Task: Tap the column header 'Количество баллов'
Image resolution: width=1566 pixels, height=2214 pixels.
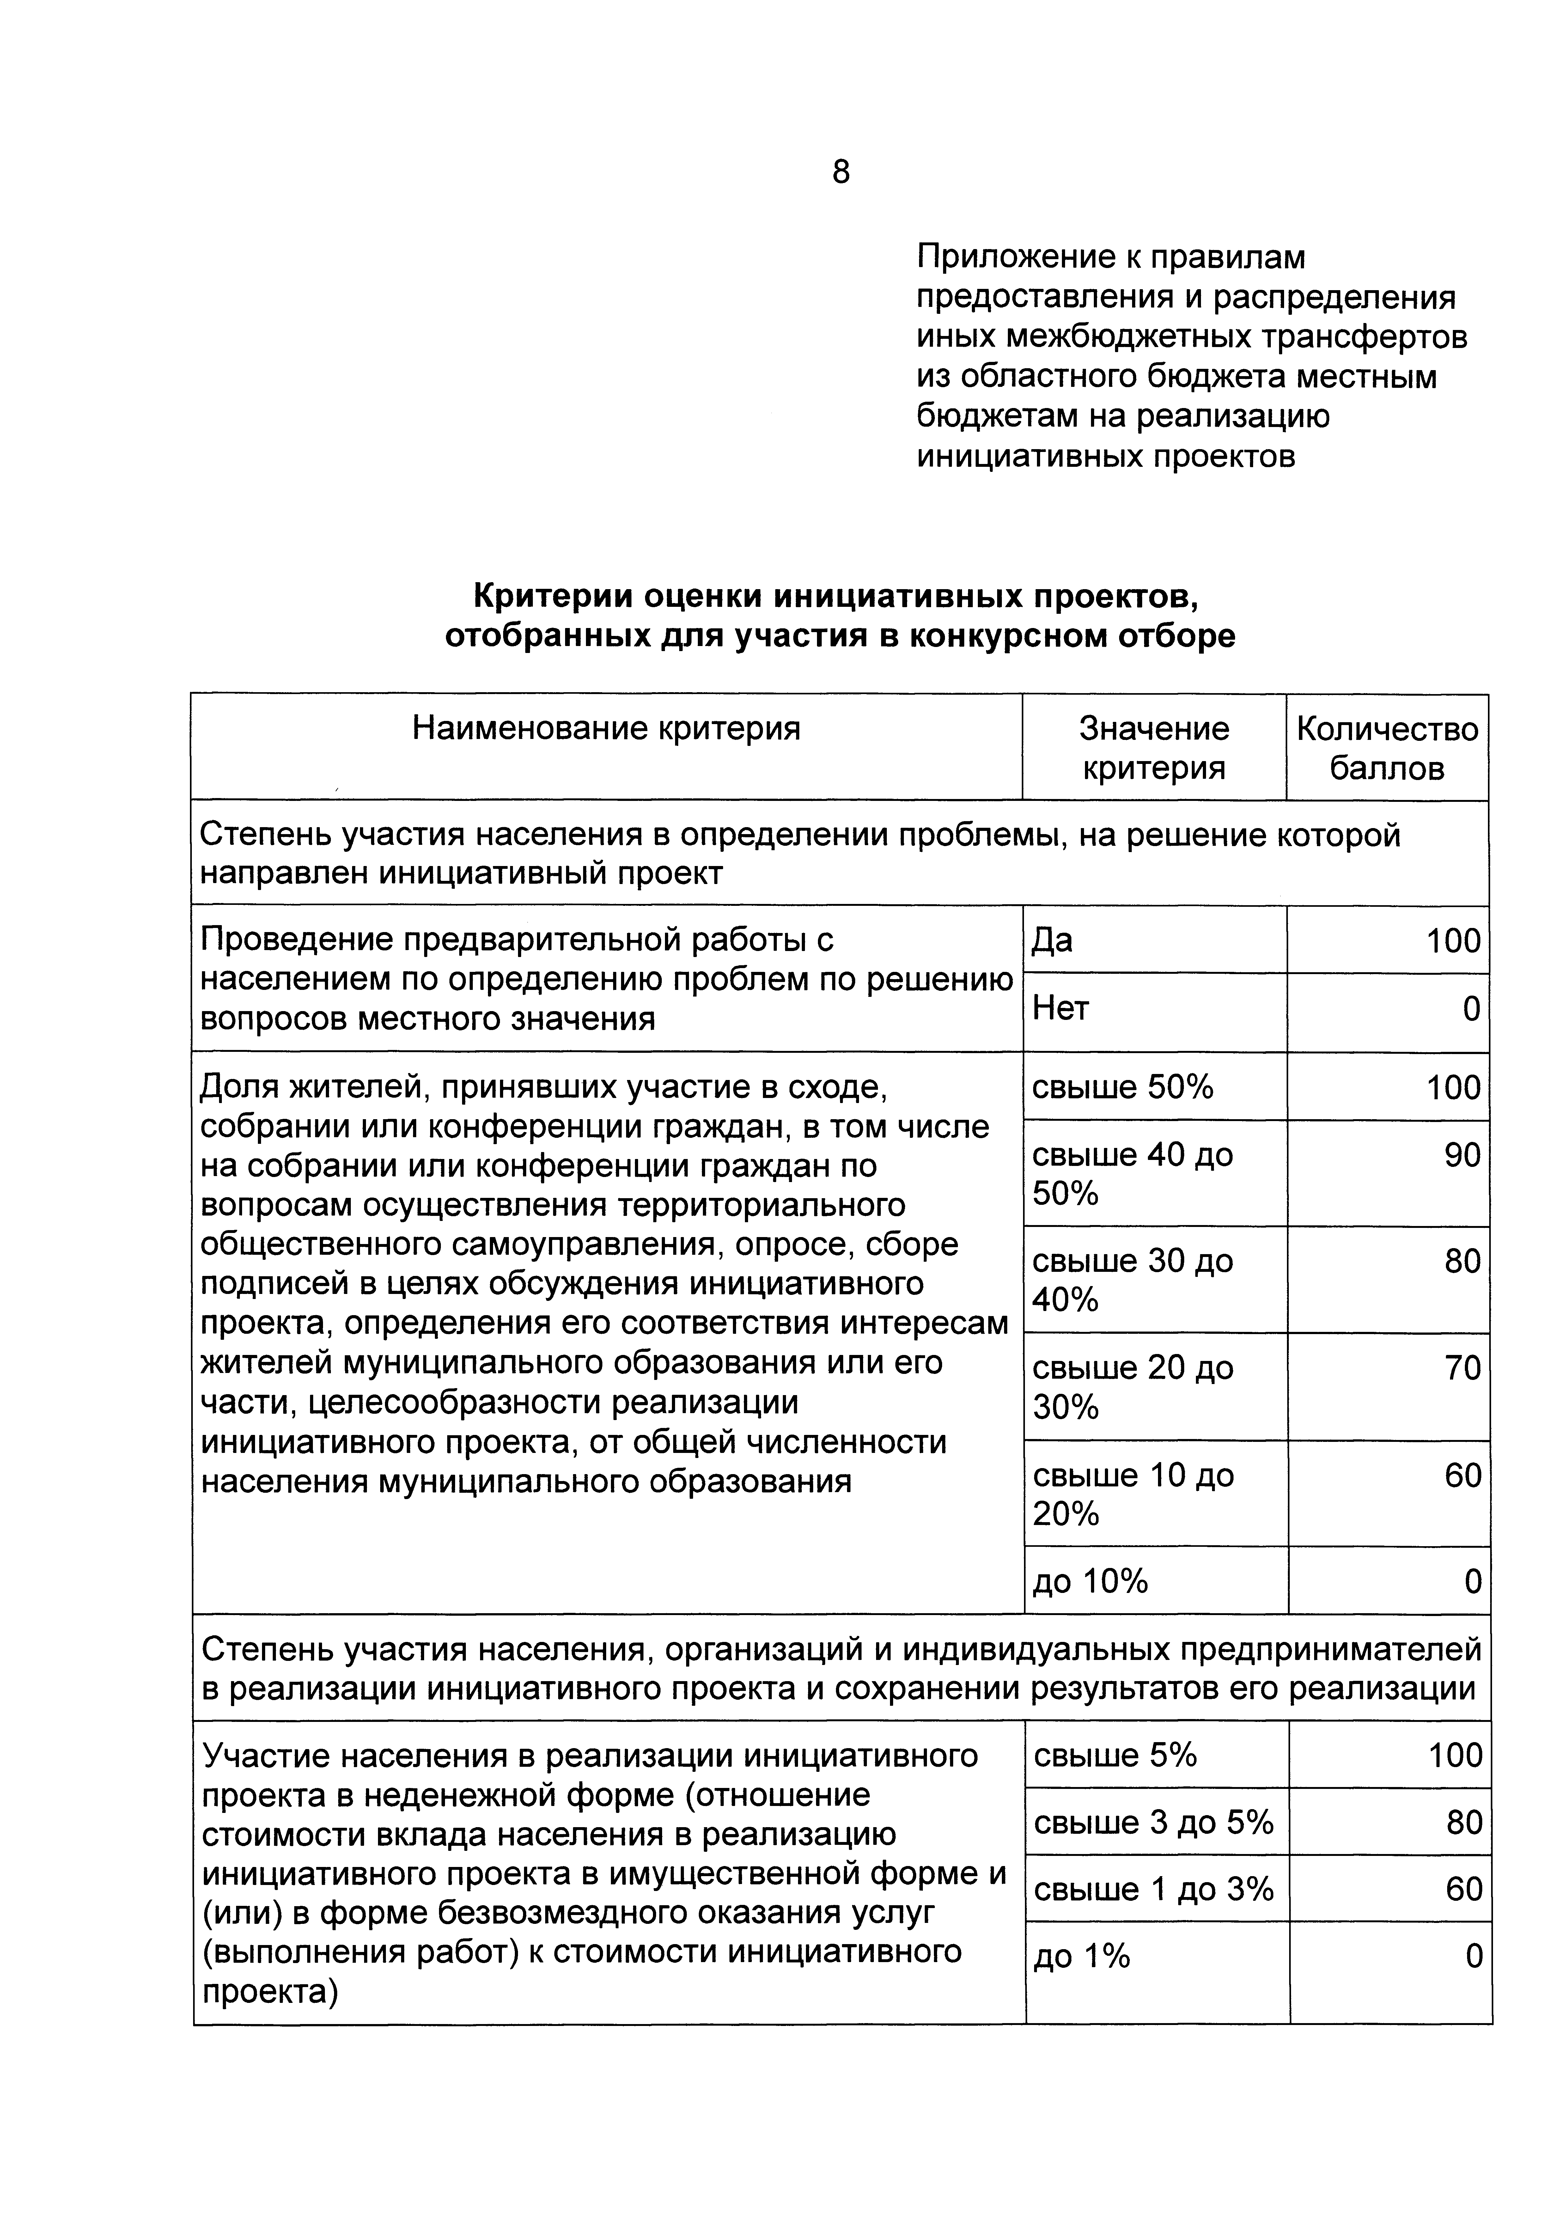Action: click(x=1386, y=748)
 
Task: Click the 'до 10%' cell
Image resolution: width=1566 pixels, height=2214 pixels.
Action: click(x=1090, y=1582)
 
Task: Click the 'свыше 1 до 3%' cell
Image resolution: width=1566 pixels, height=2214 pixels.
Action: click(x=1153, y=1889)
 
